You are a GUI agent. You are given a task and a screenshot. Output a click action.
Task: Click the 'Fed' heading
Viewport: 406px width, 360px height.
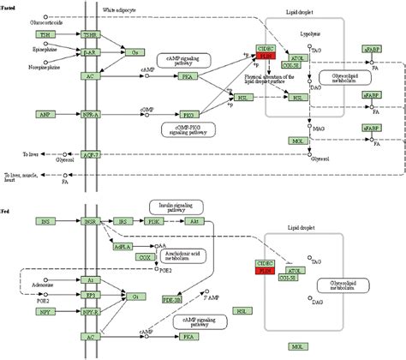pos(6,209)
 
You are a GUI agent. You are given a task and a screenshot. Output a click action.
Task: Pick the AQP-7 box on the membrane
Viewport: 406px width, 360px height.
pos(90,154)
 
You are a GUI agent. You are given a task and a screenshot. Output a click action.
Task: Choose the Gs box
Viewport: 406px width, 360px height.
pos(134,52)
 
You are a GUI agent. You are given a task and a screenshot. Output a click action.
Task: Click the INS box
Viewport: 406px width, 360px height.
pos(45,220)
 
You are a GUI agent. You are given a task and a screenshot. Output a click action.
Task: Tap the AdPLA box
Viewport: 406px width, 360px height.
pos(123,246)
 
